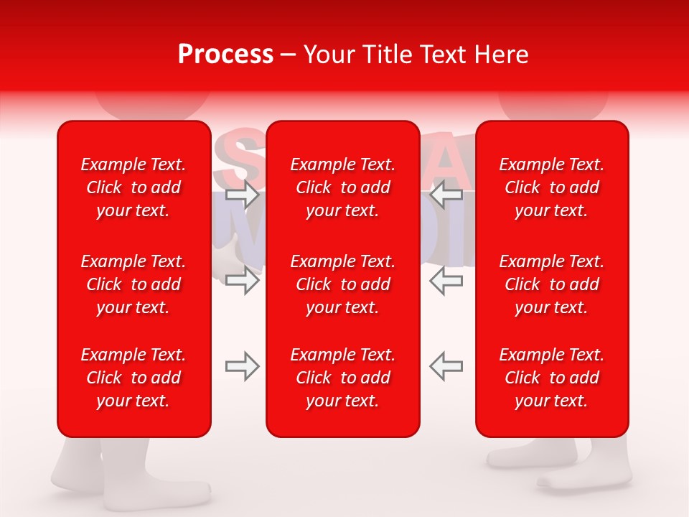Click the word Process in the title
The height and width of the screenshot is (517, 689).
click(225, 55)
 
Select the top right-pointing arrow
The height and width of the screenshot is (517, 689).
click(243, 195)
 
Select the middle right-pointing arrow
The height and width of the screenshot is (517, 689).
click(243, 280)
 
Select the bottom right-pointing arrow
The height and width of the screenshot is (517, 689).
click(243, 366)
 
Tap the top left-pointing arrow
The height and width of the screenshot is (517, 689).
click(446, 195)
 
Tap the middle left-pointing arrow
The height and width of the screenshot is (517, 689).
click(446, 280)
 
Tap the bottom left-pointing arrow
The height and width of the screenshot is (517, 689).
click(446, 366)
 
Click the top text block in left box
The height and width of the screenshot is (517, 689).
click(133, 187)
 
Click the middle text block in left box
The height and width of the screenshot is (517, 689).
click(133, 284)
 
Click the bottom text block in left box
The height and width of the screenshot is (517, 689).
click(133, 378)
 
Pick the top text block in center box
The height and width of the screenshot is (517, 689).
click(342, 187)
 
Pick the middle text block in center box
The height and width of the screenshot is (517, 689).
click(342, 284)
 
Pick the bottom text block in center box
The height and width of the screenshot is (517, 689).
click(342, 378)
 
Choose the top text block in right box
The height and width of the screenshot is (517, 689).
click(551, 187)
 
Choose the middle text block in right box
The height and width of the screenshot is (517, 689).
click(551, 284)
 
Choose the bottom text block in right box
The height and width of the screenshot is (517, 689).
click(551, 378)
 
